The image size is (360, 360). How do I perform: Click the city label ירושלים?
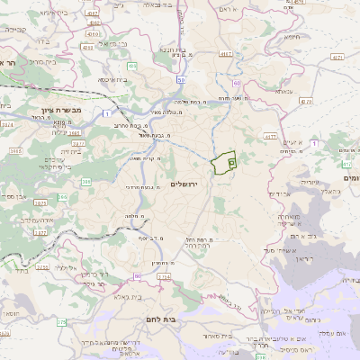point(184,184)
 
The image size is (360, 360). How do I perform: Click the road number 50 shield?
point(181,80)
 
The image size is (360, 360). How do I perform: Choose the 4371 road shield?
point(337,57)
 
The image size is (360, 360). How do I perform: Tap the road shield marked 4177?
point(268,137)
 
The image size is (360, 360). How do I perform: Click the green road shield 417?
point(346,165)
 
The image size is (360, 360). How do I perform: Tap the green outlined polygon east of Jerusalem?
point(222,162)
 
